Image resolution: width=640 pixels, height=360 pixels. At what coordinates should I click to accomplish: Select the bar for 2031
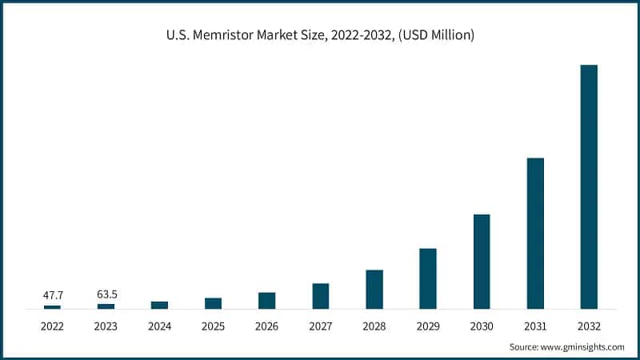click(535, 233)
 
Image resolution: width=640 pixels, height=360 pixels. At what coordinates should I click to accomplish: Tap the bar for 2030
click(482, 261)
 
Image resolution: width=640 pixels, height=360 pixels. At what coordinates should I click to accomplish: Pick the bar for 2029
click(428, 278)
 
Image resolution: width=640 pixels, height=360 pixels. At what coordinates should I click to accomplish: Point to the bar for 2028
click(374, 289)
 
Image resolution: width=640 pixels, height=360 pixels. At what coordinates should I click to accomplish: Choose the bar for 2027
click(321, 296)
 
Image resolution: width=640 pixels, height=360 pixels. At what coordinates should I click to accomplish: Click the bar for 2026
click(266, 300)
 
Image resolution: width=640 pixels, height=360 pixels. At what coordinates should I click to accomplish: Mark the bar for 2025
click(213, 303)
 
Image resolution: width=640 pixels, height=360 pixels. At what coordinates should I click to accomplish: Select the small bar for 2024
click(159, 305)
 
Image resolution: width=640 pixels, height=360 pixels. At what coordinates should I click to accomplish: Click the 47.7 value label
click(52, 294)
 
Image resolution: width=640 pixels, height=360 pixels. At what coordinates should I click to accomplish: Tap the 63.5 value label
click(106, 294)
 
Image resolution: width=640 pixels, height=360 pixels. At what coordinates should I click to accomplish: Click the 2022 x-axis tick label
click(52, 326)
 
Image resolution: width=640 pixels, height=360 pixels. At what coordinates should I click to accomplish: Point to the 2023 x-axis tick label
click(106, 326)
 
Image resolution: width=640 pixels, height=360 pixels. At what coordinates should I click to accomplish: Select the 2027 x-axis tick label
click(321, 326)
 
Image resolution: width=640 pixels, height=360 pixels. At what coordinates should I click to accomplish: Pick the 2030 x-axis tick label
click(482, 326)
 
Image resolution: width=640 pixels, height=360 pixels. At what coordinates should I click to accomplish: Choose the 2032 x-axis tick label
click(589, 326)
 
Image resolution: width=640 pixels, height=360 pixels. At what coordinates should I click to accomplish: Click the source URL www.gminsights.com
click(583, 347)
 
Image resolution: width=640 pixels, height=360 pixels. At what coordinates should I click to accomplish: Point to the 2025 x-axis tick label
click(213, 326)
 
